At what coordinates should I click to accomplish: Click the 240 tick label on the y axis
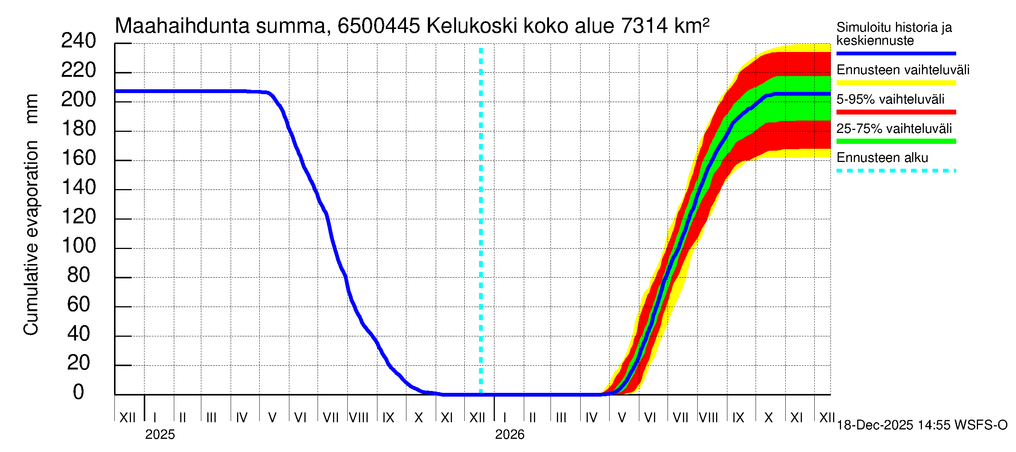[x=79, y=41]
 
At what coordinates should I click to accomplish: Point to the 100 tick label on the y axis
[x=79, y=246]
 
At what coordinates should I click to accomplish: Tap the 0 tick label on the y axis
[x=79, y=392]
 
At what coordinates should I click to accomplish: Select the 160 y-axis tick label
[x=79, y=158]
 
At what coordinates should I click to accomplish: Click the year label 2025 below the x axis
[x=160, y=435]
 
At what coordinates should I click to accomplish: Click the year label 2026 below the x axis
[x=510, y=435]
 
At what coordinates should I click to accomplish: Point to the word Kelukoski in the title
[x=472, y=26]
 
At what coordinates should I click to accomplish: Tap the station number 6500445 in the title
[x=379, y=26]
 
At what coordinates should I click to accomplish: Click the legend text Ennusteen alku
[x=882, y=158]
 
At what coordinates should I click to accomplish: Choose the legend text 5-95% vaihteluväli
[x=890, y=99]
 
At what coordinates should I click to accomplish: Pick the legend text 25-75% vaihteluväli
[x=894, y=129]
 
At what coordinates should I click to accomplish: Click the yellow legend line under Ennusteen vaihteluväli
[x=896, y=83]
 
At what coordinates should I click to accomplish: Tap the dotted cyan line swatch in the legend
[x=896, y=171]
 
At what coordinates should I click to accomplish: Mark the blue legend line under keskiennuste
[x=896, y=53]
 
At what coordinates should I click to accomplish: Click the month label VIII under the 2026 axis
[x=708, y=418]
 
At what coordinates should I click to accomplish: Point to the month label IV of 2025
[x=241, y=418]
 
